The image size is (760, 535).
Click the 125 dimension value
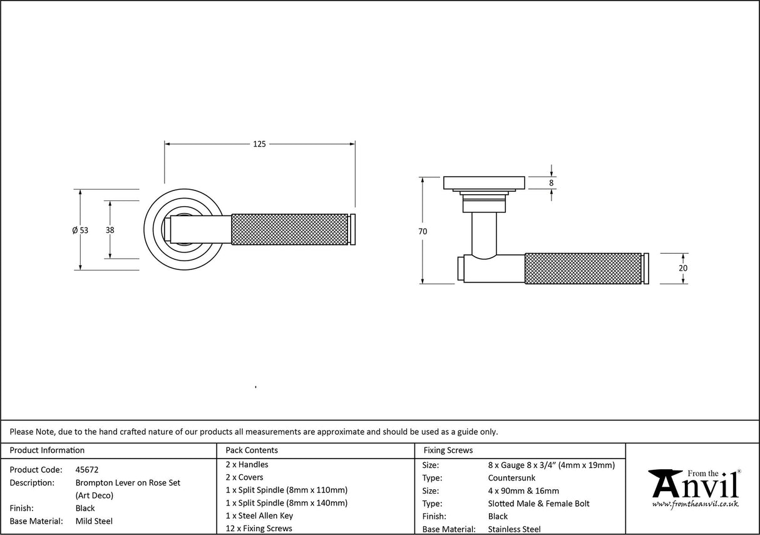[x=259, y=144]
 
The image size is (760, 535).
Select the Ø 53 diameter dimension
[x=80, y=230]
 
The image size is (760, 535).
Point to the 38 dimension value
[x=110, y=230]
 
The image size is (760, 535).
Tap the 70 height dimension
[x=423, y=231]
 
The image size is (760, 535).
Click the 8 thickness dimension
[x=552, y=183]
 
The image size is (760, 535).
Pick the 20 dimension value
[x=683, y=268]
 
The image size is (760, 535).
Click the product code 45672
[x=87, y=469]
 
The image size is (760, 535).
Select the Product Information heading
[x=47, y=450]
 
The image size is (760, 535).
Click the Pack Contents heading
[x=252, y=450]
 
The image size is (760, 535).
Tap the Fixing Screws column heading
[x=448, y=450]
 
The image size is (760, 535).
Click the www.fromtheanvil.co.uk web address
[x=695, y=504]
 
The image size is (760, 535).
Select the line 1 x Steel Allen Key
[x=259, y=516]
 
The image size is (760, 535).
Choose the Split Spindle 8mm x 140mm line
[x=286, y=502]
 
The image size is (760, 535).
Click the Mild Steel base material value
[x=94, y=521]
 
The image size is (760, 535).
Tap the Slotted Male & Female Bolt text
[x=538, y=504]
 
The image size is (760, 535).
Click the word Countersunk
[x=511, y=478]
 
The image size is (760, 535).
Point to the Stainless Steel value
[x=514, y=529]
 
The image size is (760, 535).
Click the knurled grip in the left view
[x=290, y=230]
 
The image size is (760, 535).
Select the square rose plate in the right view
[x=483, y=182]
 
